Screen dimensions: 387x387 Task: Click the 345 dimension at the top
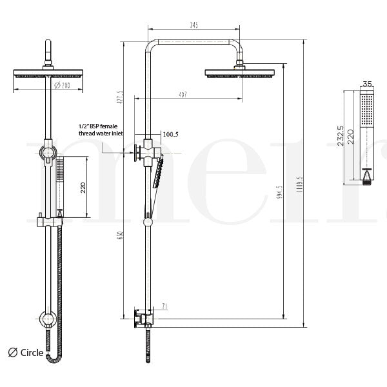point(194,25)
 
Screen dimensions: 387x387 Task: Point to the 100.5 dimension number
point(170,135)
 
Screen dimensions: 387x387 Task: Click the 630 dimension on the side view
point(119,237)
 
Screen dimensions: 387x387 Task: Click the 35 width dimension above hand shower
point(368,84)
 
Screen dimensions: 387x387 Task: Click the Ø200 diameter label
point(61,84)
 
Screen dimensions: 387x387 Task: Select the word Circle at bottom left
point(32,352)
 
